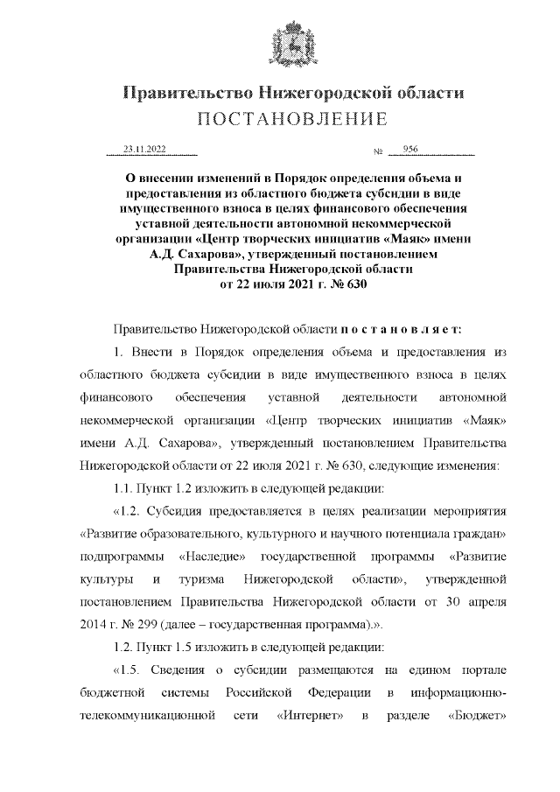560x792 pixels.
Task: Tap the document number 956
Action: pyautogui.click(x=411, y=150)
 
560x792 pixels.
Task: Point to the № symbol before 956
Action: pyautogui.click(x=379, y=152)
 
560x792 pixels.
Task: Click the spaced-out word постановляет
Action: pyautogui.click(x=405, y=328)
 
